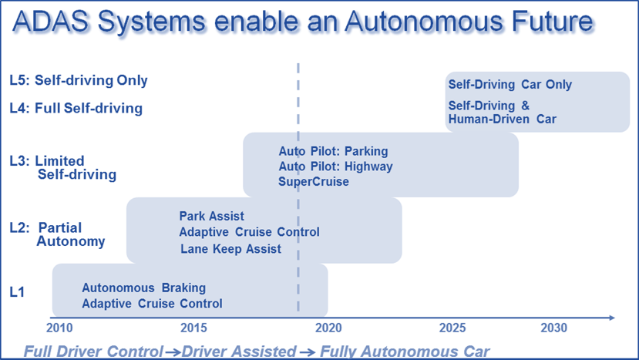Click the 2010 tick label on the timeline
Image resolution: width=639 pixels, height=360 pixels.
pos(59,328)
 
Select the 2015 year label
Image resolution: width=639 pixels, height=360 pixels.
pos(193,328)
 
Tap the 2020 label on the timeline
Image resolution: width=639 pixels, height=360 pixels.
pos(328,328)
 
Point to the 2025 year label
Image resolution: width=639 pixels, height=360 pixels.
pos(452,328)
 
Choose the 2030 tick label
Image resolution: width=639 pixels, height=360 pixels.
pos(554,328)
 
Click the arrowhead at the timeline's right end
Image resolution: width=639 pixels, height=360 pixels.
pos(612,318)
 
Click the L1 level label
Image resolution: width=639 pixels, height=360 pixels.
pos(17,292)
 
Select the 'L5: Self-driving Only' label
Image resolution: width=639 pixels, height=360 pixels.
pos(79,81)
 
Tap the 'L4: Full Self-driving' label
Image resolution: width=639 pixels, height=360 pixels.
pos(76,109)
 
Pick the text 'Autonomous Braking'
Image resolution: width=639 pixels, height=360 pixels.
pos(144,288)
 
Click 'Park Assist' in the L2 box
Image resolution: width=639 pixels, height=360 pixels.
pos(212,216)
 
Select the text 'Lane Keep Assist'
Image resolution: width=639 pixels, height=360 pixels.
pos(230,249)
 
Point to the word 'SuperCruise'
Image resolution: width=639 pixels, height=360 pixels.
pos(314,181)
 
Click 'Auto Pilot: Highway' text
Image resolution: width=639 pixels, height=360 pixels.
pos(336,167)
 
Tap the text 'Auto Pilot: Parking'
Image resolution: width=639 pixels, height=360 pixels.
pos(333,151)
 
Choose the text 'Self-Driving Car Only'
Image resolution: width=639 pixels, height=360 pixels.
pos(510,84)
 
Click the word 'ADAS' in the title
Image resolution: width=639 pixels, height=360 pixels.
pos(51,22)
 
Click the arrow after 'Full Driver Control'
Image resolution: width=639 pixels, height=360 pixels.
pos(173,352)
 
